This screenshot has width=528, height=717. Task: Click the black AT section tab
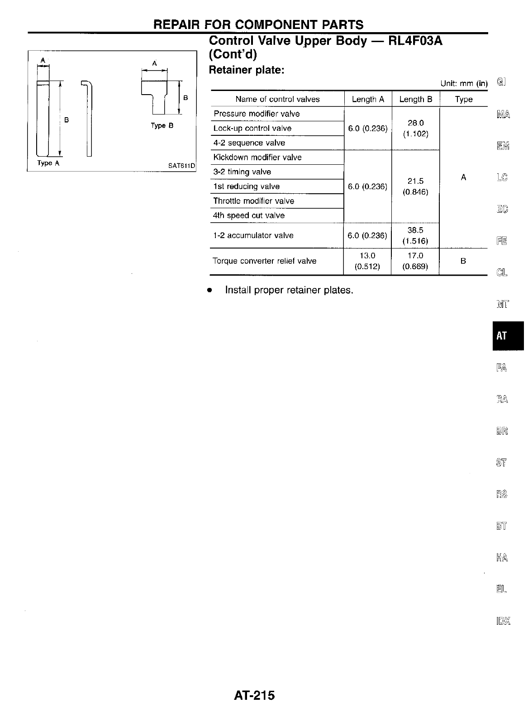pyautogui.click(x=507, y=335)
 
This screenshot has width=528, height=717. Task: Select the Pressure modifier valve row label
pyautogui.click(x=257, y=114)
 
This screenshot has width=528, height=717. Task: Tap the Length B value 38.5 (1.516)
pyautogui.click(x=415, y=235)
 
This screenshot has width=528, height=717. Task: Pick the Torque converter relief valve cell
pyautogui.click(x=264, y=261)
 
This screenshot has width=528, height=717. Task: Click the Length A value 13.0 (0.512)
pyautogui.click(x=367, y=261)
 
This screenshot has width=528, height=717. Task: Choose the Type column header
pyautogui.click(x=463, y=99)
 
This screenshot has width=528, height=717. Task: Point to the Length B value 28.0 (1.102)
pyautogui.click(x=415, y=129)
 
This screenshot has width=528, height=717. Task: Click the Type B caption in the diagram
pyautogui.click(x=162, y=126)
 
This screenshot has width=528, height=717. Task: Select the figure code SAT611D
pyautogui.click(x=181, y=166)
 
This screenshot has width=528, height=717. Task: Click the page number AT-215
pyautogui.click(x=254, y=695)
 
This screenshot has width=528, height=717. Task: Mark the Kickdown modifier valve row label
pyautogui.click(x=257, y=157)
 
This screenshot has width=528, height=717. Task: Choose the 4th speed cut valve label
pyautogui.click(x=249, y=215)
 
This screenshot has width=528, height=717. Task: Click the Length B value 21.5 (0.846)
pyautogui.click(x=415, y=186)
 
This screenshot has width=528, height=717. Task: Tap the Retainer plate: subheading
pyautogui.click(x=246, y=71)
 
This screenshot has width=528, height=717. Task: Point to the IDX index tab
pyautogui.click(x=502, y=621)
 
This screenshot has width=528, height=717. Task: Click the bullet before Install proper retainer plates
pyautogui.click(x=209, y=290)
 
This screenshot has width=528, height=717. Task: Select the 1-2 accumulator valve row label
pyautogui.click(x=253, y=235)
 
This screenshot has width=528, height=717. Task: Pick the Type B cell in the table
pyautogui.click(x=463, y=261)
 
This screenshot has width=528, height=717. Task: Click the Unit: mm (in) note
pyautogui.click(x=464, y=83)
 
